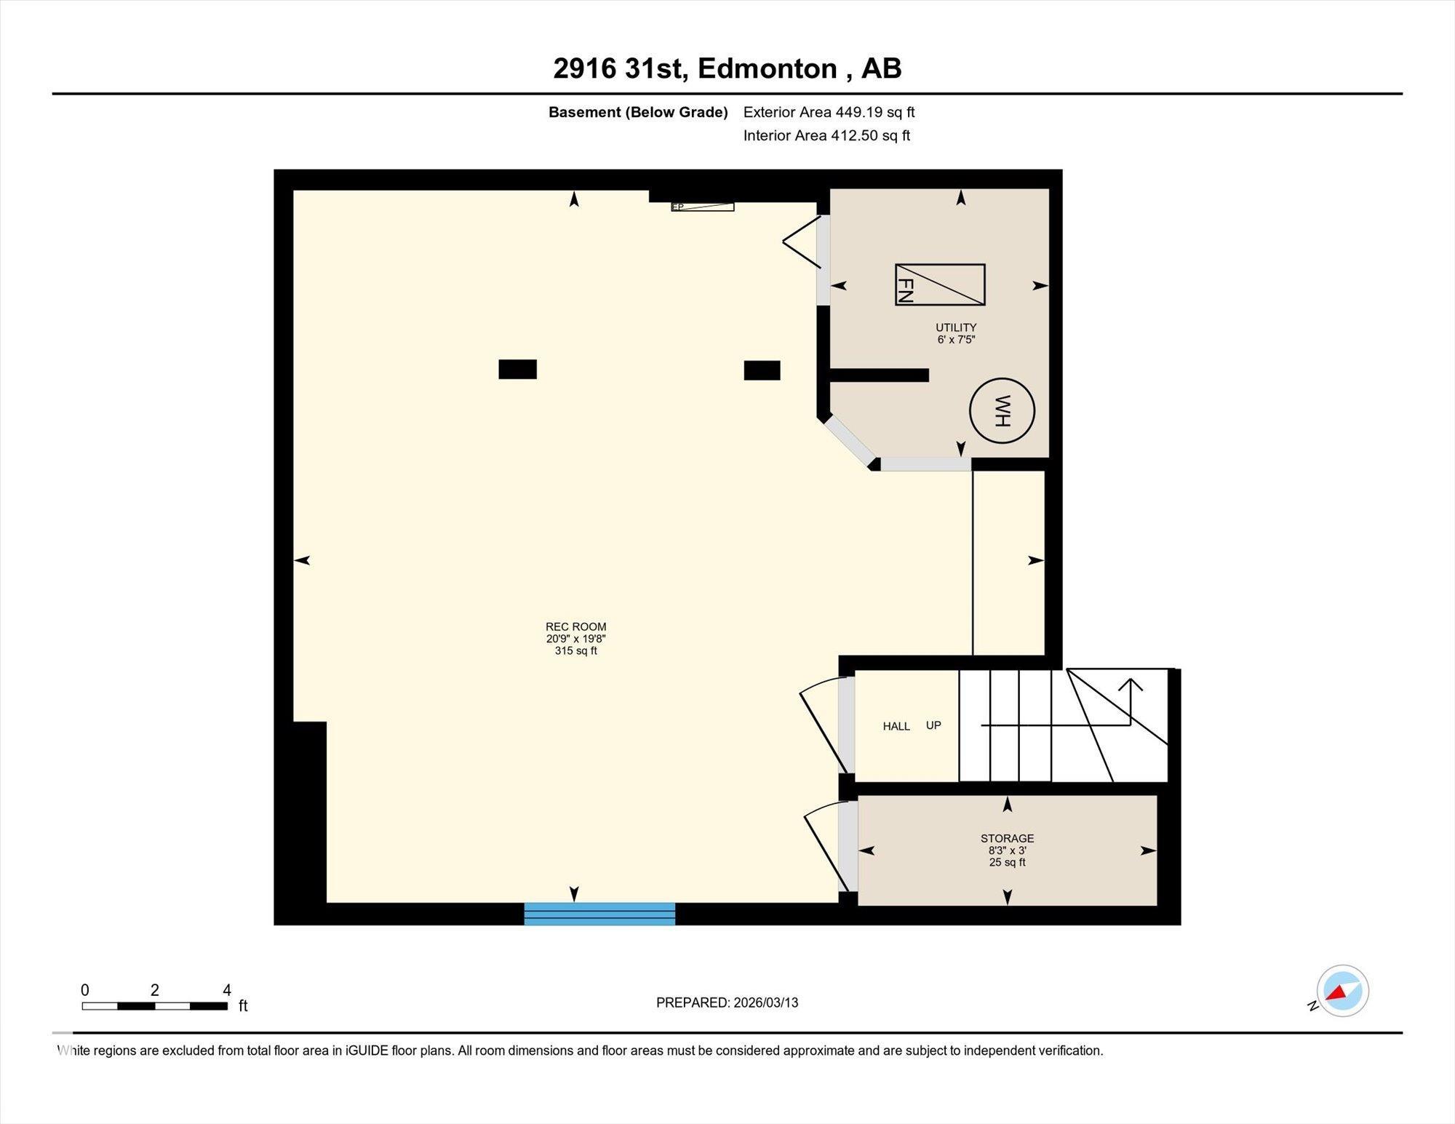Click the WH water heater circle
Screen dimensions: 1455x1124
1002,411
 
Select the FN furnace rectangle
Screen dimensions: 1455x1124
940,284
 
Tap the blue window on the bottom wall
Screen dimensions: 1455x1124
599,914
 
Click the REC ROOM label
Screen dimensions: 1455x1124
575,626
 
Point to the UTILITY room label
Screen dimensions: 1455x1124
956,327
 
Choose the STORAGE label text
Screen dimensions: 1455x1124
1007,838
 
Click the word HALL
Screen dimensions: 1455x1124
896,726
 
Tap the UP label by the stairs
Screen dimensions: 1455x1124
933,725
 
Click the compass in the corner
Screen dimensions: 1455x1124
1342,991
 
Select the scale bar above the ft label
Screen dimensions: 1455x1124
154,1006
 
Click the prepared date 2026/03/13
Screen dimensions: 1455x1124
765,1003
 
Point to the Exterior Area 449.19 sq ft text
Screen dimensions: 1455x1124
829,112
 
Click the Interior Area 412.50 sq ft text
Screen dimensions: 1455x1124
826,135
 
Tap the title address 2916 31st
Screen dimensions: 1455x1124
618,68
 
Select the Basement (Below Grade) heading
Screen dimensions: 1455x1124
638,112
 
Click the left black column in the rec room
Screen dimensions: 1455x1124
517,370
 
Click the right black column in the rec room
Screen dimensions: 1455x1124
762,370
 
